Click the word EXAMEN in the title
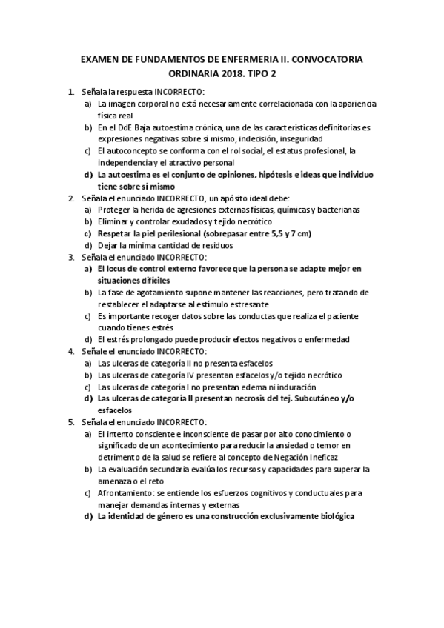click(99, 59)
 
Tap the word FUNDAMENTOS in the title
click(170, 59)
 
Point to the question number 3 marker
click(70, 257)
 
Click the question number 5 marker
click(70, 421)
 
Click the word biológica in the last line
click(331, 516)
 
